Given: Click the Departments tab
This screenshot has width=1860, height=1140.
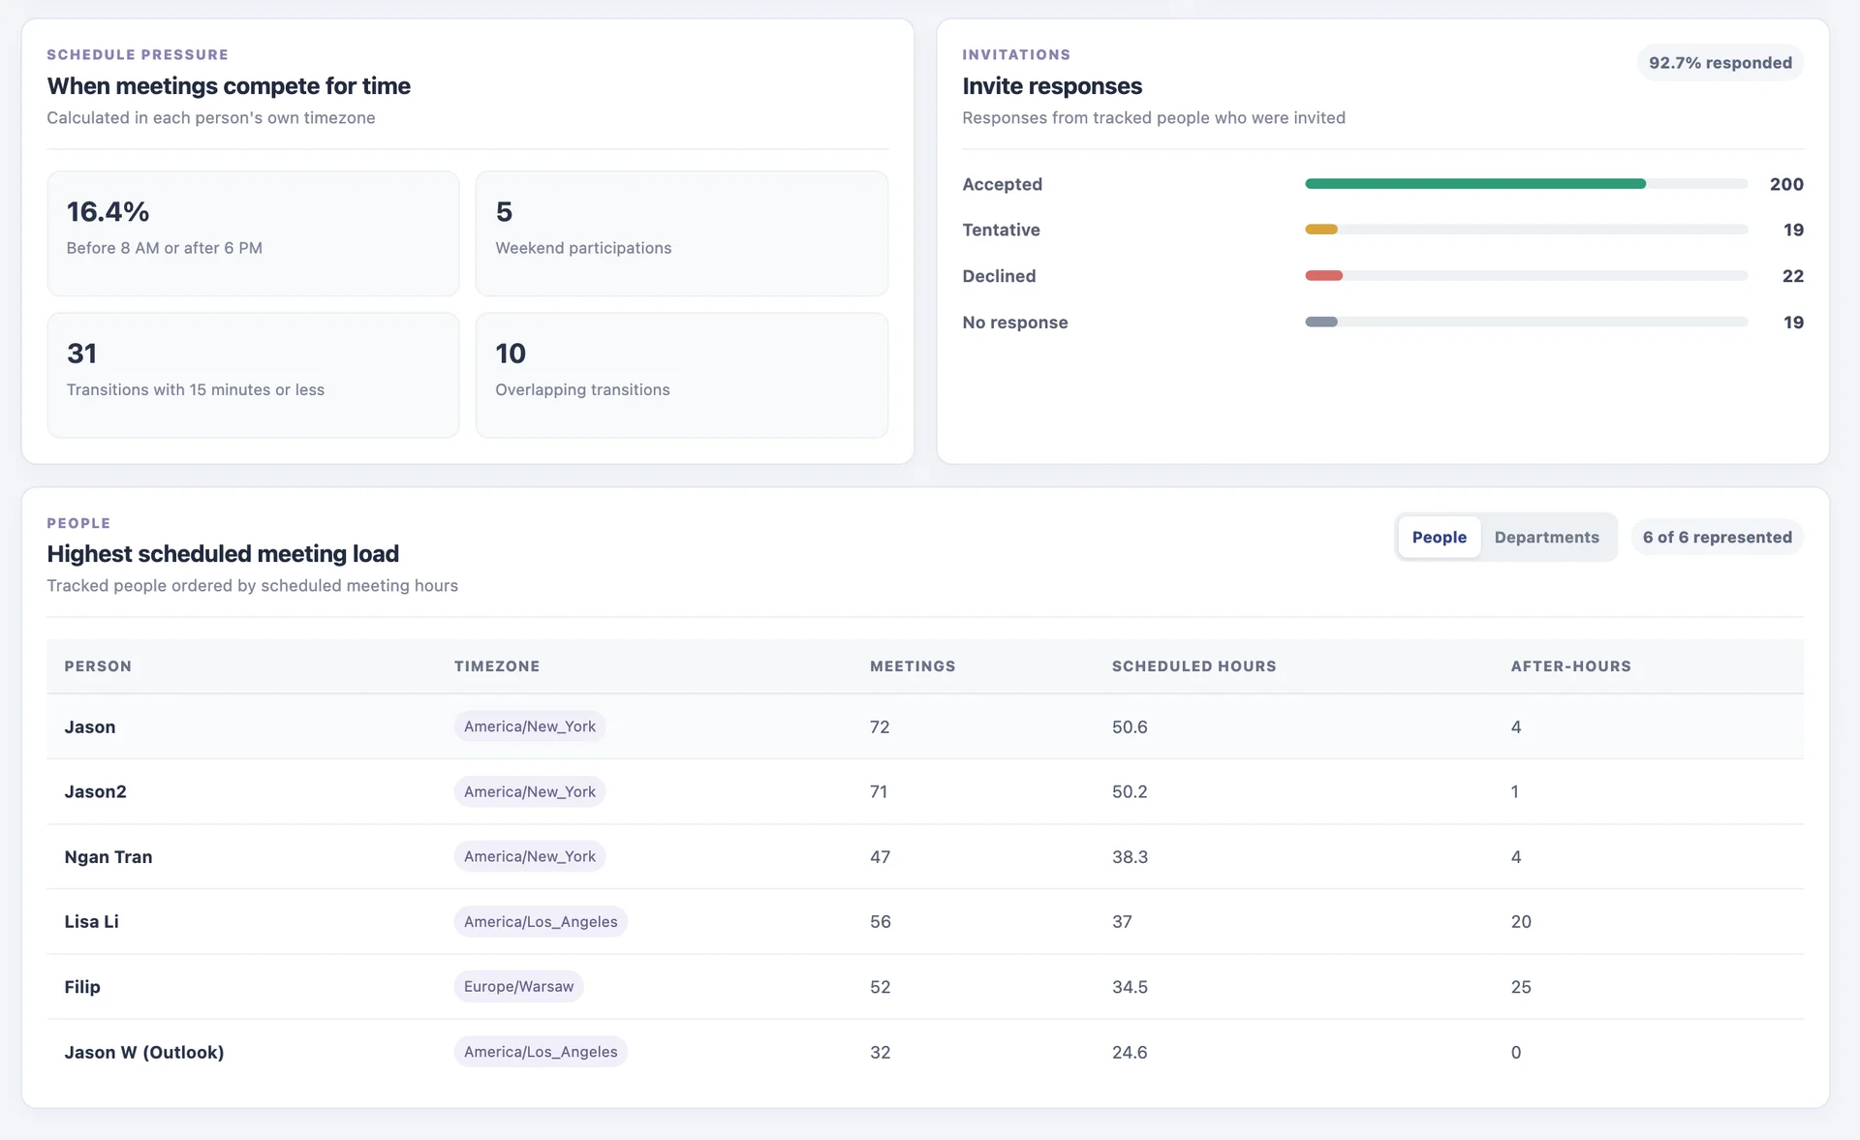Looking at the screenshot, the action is click(x=1546, y=538).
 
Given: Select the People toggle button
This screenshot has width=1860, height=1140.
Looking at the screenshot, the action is click(x=1439, y=538).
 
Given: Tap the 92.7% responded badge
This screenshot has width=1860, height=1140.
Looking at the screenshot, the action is click(x=1720, y=63).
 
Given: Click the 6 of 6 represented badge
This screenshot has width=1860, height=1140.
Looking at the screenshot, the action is click(x=1717, y=538).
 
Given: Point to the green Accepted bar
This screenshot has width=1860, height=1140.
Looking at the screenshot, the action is click(x=1474, y=184).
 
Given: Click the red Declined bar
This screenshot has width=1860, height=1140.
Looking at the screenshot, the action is click(x=1323, y=276).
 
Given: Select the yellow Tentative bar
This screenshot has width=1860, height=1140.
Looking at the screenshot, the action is click(x=1321, y=230).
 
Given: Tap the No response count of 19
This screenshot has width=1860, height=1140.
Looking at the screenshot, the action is click(x=1793, y=323).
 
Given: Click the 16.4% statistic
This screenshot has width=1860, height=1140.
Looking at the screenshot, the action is click(x=108, y=212).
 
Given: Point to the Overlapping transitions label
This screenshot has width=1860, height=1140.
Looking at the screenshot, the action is click(x=582, y=389).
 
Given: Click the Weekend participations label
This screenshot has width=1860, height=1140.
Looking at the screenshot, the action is click(x=583, y=248).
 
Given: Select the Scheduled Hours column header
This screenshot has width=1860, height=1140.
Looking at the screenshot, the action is click(x=1193, y=666).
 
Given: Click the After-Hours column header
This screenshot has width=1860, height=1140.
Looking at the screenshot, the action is click(x=1570, y=666).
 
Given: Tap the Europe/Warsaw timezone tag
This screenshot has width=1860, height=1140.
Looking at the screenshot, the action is click(x=518, y=987).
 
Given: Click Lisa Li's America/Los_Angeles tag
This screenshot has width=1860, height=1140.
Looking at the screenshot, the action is click(x=541, y=922).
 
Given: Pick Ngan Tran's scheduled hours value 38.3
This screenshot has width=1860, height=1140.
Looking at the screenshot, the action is click(x=1130, y=857).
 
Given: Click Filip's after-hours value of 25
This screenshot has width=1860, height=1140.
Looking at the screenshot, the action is click(x=1521, y=987).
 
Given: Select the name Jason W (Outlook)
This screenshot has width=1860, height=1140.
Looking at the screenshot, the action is click(x=144, y=1052).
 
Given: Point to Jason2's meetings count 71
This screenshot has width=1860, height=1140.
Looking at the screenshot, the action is click(x=879, y=792).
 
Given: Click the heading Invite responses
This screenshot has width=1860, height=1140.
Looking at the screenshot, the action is click(x=1052, y=86).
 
